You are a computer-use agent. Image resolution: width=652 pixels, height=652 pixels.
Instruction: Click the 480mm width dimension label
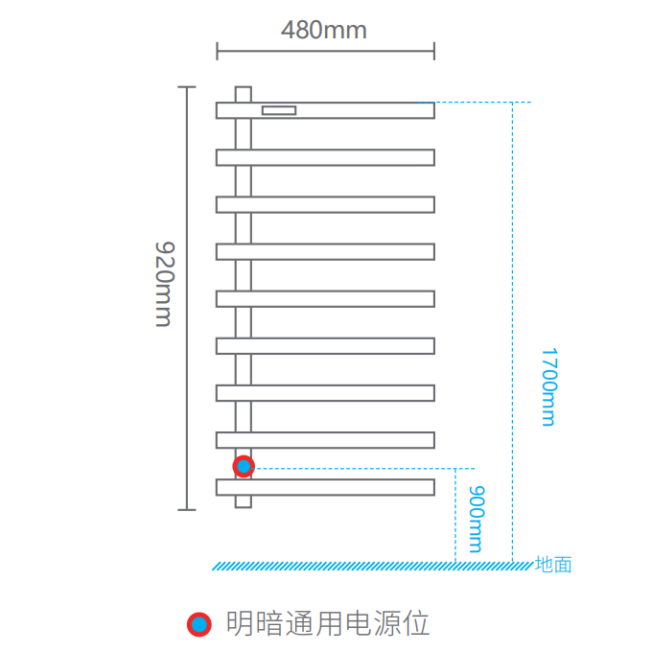coord(324,30)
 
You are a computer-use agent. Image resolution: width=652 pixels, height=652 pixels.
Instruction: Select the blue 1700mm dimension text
coord(547,386)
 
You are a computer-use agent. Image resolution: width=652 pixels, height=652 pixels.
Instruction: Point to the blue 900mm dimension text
coord(475,519)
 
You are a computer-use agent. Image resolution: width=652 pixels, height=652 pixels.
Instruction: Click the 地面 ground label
coord(553,565)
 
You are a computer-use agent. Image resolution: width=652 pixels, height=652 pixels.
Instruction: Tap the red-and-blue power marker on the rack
coord(244,466)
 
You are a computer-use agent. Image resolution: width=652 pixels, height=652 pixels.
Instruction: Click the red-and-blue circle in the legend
coord(198,624)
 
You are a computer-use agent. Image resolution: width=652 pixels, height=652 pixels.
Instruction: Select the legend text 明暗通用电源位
coord(327,624)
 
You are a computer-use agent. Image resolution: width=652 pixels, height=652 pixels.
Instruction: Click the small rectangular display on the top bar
coord(278,110)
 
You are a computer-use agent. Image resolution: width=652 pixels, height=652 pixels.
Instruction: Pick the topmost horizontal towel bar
coord(364,110)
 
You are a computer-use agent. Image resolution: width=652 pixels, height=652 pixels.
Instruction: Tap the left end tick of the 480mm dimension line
coord(217,51)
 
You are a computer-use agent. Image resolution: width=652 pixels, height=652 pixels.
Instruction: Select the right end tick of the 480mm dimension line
coord(434,51)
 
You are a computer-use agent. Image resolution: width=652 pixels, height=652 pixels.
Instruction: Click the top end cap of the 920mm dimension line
coord(186,87)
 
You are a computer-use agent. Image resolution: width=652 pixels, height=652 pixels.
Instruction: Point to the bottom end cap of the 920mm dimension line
coord(186,509)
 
